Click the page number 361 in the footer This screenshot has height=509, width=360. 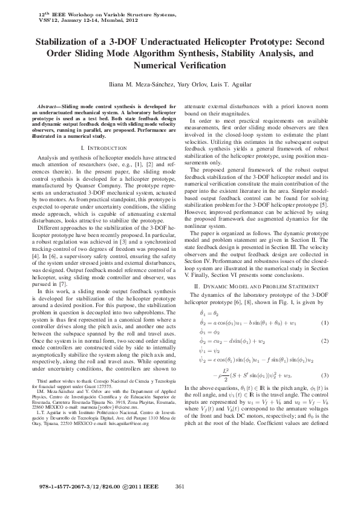pos(179,487)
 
